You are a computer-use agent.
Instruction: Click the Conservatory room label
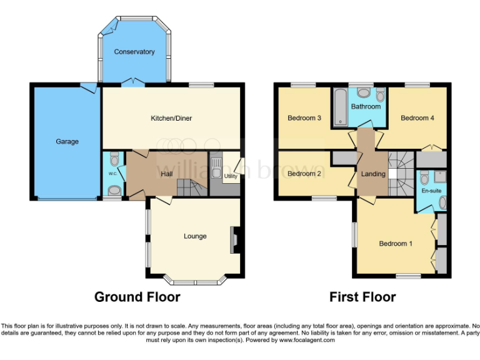pos(134,52)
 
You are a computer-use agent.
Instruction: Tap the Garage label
pos(67,142)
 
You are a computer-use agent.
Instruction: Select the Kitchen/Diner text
pos(171,118)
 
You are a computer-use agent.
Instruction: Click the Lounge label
pos(195,236)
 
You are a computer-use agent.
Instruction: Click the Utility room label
pos(231,177)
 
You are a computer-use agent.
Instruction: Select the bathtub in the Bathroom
pos(339,107)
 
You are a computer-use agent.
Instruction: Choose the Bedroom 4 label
pos(417,118)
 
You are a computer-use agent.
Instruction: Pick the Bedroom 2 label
pos(304,174)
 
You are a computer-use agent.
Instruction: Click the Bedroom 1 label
pos(396,244)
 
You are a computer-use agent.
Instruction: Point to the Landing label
pos(373,174)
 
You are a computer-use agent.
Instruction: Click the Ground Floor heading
pos(137,297)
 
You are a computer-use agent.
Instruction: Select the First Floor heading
pos(362,297)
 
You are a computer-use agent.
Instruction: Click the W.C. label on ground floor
pos(113,174)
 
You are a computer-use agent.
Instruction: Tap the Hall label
pos(167,174)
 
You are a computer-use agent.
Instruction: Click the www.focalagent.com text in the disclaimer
pos(307,341)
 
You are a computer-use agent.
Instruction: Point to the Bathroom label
pos(365,106)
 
